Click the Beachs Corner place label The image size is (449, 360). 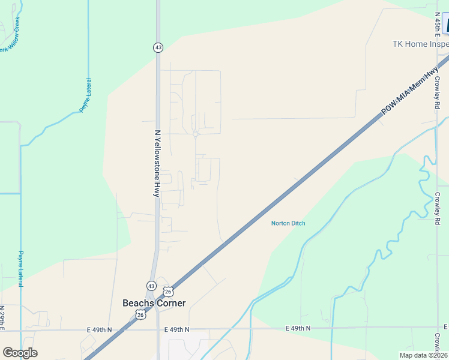[154, 303]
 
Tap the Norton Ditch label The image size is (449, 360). [288, 223]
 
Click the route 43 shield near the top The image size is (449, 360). [158, 47]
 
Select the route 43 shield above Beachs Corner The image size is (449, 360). [152, 285]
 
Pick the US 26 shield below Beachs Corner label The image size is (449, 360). [140, 314]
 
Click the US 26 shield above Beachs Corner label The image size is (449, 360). [169, 291]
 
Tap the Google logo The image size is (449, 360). [20, 353]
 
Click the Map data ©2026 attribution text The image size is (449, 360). [424, 355]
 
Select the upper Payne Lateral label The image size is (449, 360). [86, 95]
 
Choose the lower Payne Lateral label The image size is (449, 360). [20, 268]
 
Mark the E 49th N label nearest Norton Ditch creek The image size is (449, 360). [298, 328]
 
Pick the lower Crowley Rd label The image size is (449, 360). [438, 206]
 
